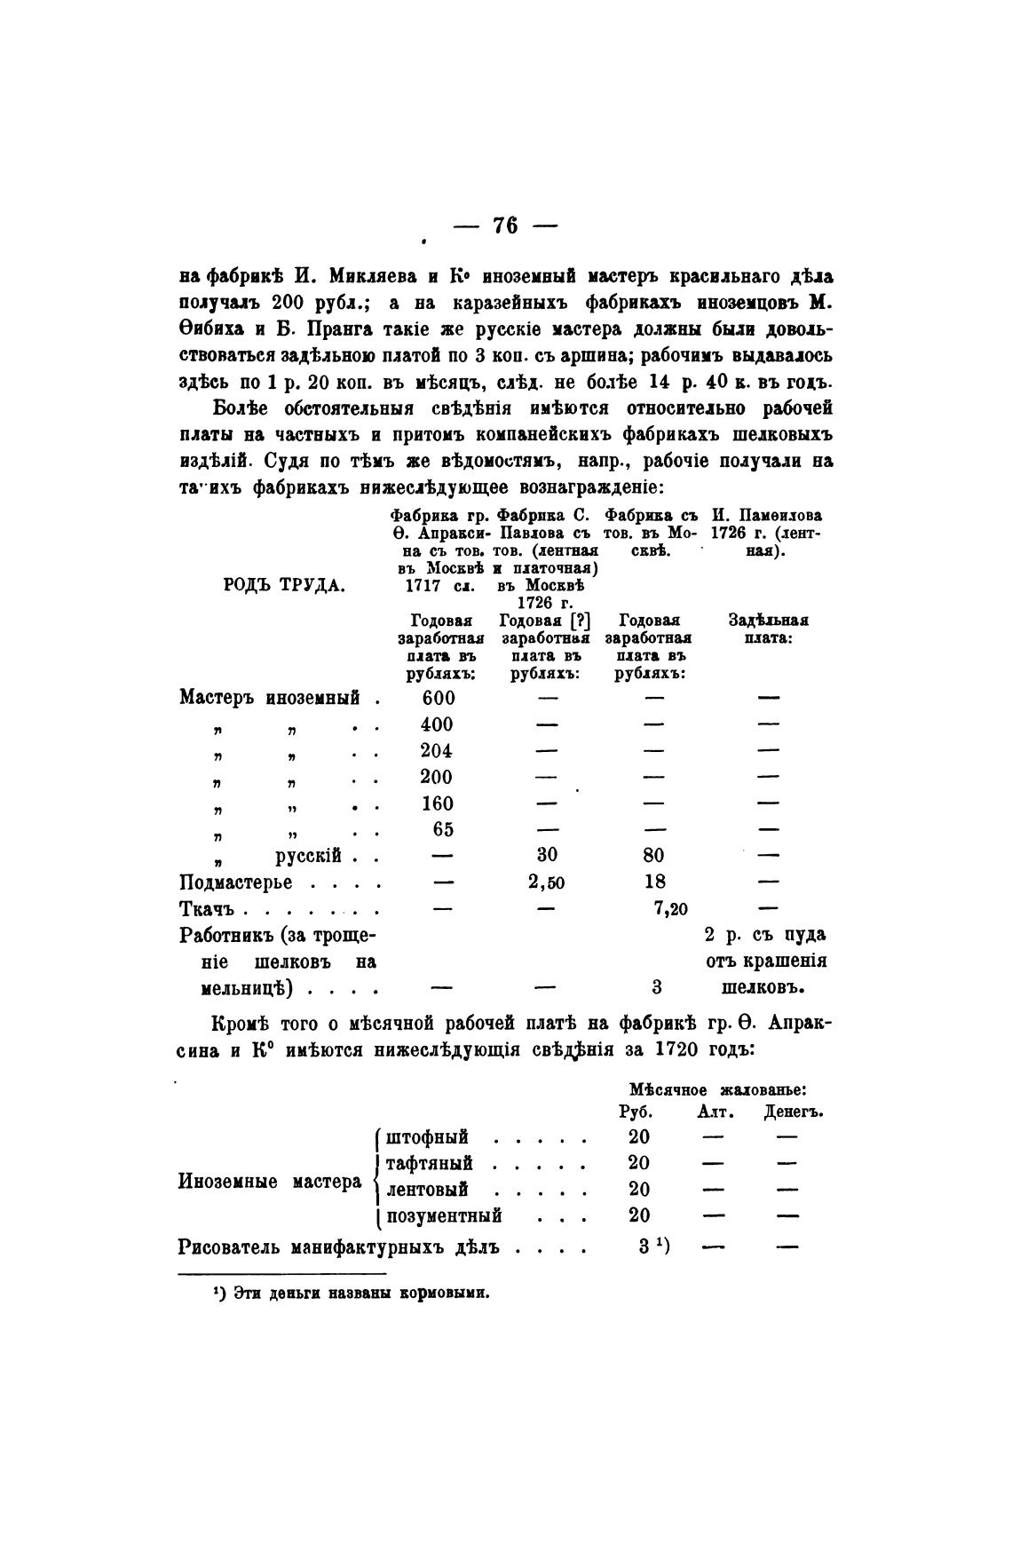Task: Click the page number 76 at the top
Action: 505,226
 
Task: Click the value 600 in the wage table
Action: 437,698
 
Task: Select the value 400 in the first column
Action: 437,724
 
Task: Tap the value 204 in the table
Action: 437,750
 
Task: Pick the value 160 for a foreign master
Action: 437,803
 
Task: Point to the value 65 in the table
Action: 442,829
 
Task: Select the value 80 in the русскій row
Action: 653,856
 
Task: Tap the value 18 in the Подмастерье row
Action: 654,882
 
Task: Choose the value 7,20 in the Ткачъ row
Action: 671,909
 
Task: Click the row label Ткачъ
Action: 206,909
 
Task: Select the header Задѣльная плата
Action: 768,629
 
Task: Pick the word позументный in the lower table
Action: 445,1215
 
